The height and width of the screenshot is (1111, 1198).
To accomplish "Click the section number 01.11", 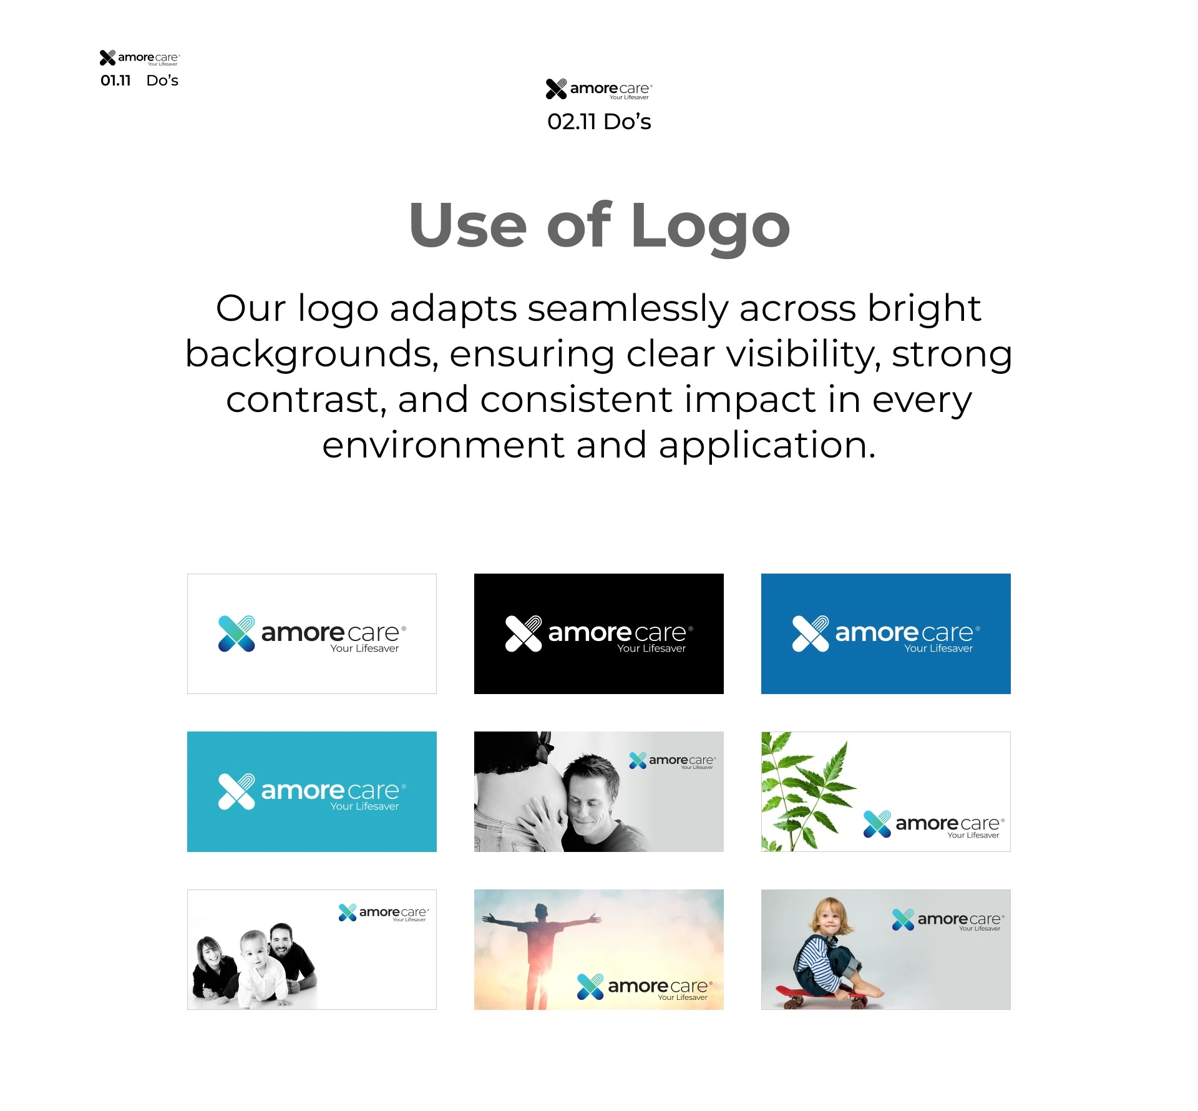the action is pos(115,81).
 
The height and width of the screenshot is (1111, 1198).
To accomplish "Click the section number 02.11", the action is pos(572,122).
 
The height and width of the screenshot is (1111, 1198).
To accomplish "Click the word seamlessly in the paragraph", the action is pos(628,308).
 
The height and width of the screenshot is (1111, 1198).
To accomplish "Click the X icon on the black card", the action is pos(524,634).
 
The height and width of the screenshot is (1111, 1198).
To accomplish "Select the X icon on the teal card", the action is pos(236,791).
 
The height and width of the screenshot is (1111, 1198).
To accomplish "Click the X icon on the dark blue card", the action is pos(811,634).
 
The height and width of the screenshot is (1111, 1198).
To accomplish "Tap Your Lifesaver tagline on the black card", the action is pos(651,648).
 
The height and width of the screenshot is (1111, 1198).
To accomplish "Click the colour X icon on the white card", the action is pos(236,634).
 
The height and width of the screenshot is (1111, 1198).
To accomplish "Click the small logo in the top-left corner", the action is pos(140,58).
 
